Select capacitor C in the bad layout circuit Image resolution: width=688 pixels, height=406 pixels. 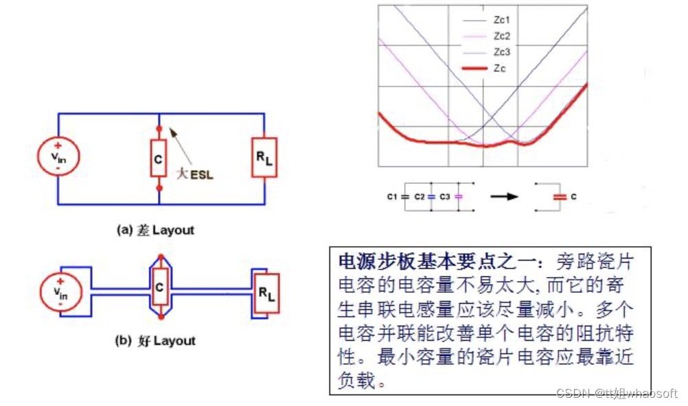[159, 158]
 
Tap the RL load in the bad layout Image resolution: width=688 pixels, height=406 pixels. [265, 158]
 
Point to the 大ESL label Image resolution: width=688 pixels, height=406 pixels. [196, 174]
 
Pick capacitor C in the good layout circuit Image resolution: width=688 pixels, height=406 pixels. [159, 288]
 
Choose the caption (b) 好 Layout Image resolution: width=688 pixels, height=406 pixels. [154, 341]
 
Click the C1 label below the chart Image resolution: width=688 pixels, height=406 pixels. [393, 196]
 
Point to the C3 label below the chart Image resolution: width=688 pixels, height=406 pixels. [446, 196]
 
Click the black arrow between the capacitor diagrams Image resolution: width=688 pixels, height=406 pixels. [504, 196]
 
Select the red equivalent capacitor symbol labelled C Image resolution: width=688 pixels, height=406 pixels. [560, 196]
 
